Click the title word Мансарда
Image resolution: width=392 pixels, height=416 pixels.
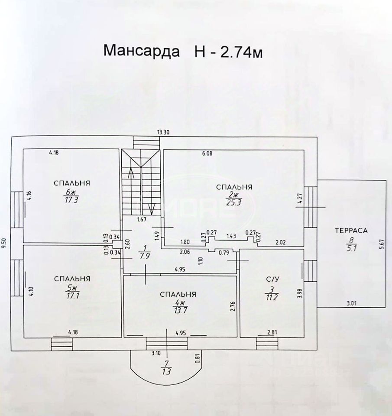pyautogui.click(x=141, y=51)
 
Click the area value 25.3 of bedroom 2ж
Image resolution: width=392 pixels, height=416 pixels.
pyautogui.click(x=234, y=202)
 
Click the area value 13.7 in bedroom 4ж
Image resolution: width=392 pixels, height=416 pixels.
pyautogui.click(x=178, y=310)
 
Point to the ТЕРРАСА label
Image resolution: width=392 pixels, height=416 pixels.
pyautogui.click(x=351, y=231)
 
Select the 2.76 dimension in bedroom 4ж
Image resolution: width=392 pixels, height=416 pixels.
pyautogui.click(x=233, y=307)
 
